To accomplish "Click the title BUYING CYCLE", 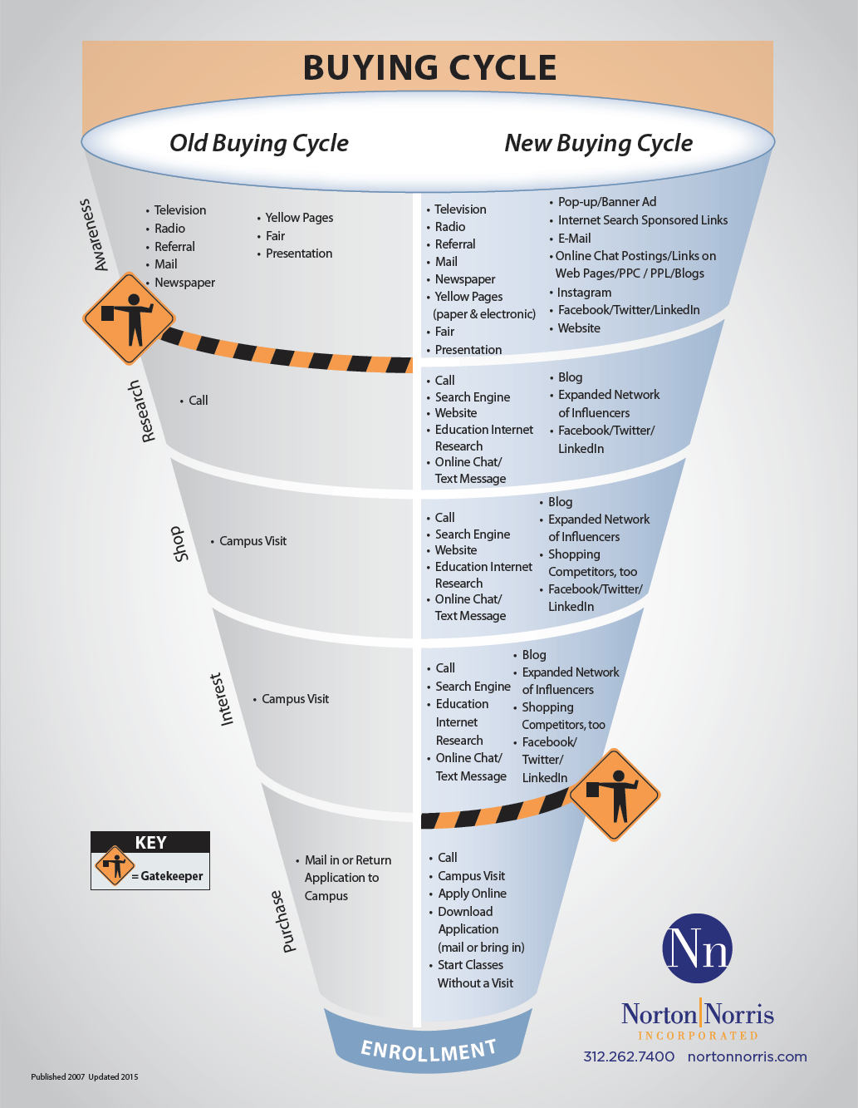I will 429,68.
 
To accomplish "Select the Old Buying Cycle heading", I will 259,143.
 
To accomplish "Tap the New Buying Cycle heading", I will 598,143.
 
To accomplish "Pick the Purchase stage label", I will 283,921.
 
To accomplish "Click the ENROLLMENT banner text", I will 429,1050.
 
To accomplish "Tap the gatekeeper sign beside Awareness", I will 129,318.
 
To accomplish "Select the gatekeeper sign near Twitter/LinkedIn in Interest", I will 615,795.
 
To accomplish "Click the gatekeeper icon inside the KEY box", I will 115,867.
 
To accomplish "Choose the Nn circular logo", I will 698,948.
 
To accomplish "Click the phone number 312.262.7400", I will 629,1056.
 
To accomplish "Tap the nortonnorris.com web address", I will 747,1056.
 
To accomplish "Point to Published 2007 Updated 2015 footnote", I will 85,1076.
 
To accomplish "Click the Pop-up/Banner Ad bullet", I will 606,202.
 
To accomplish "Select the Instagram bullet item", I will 584,293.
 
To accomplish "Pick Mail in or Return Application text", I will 347,869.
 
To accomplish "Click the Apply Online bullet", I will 472,894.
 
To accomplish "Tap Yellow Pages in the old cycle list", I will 299,218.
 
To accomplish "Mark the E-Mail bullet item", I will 574,238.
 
